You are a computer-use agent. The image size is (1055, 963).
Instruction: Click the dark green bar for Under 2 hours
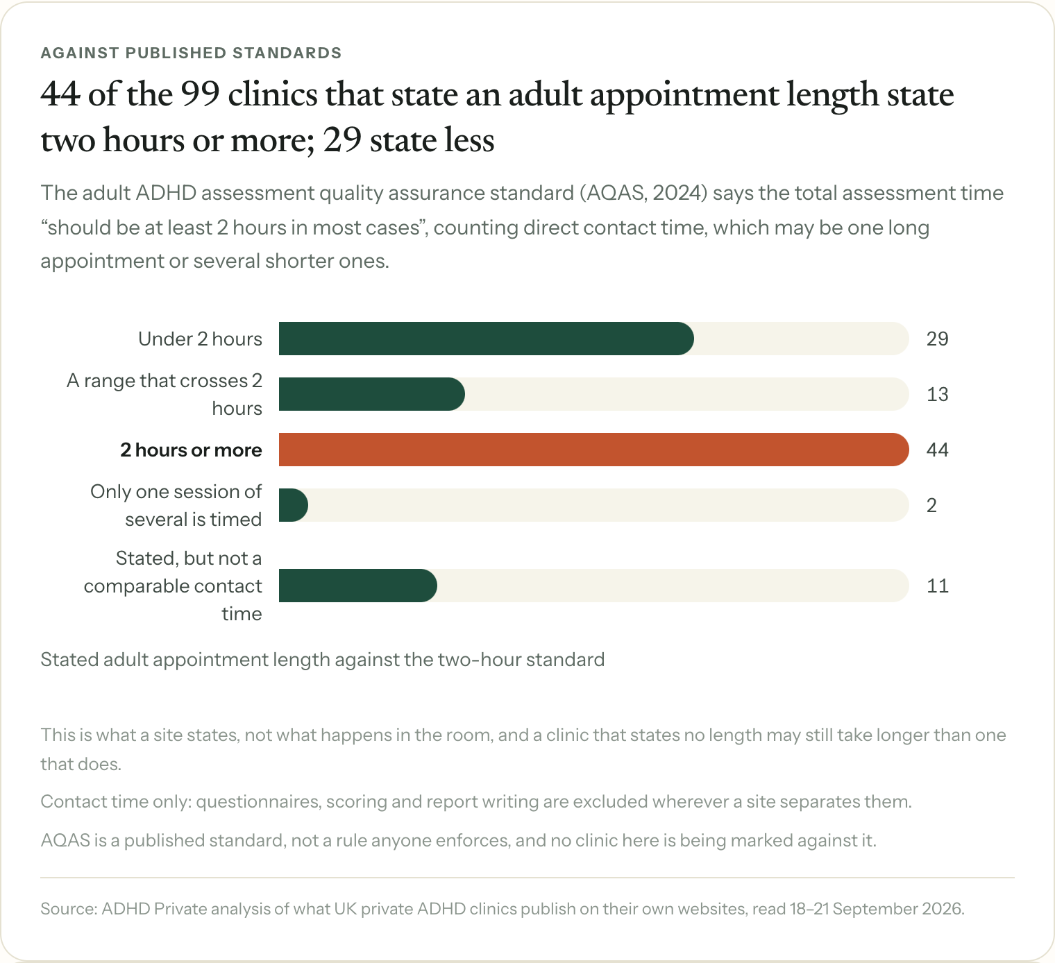point(486,339)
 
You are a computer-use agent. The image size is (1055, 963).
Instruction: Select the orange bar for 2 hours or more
point(593,450)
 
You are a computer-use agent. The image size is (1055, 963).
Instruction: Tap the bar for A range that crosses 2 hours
point(372,394)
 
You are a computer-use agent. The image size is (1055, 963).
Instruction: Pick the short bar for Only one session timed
point(294,505)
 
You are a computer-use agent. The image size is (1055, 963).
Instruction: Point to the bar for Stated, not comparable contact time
point(357,586)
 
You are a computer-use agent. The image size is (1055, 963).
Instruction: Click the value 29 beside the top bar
point(937,339)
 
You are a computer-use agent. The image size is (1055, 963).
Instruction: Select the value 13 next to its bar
point(937,395)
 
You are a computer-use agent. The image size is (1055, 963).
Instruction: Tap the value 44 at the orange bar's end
point(937,450)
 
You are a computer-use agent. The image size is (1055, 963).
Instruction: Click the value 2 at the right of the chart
point(931,505)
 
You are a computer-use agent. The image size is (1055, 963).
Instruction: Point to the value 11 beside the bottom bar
point(937,586)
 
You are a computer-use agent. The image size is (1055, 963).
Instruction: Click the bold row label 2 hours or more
point(191,450)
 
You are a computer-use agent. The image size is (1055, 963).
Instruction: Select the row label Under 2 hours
point(200,339)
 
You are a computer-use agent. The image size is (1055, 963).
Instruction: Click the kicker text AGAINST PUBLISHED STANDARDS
point(192,53)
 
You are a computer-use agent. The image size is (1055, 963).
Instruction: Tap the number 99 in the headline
point(201,94)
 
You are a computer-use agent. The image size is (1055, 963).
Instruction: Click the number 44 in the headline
point(60,94)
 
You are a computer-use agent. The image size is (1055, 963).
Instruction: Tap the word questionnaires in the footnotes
point(258,801)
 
